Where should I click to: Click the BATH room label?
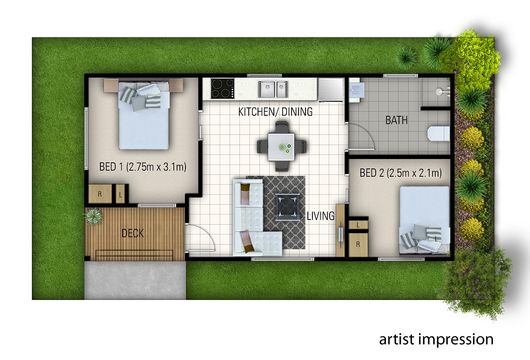tap(396, 120)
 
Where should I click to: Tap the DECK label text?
tap(132, 233)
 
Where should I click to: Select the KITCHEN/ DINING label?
tap(275, 112)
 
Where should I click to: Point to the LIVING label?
tap(320, 216)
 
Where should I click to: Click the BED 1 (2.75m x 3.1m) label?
tap(143, 166)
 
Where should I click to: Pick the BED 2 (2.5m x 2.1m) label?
tap(401, 173)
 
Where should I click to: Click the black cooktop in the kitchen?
tap(222, 89)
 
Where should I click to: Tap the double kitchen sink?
tap(273, 89)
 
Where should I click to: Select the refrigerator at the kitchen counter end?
tap(331, 90)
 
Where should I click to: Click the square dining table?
tap(281, 147)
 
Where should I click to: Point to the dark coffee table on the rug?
tap(288, 207)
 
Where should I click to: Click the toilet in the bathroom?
tap(438, 134)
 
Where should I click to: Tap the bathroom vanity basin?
tap(357, 90)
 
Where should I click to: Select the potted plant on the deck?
tap(93, 216)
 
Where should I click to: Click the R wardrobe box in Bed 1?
tap(100, 194)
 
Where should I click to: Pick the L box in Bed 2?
tap(358, 225)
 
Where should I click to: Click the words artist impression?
tap(436, 339)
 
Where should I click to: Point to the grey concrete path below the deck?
tap(135, 280)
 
